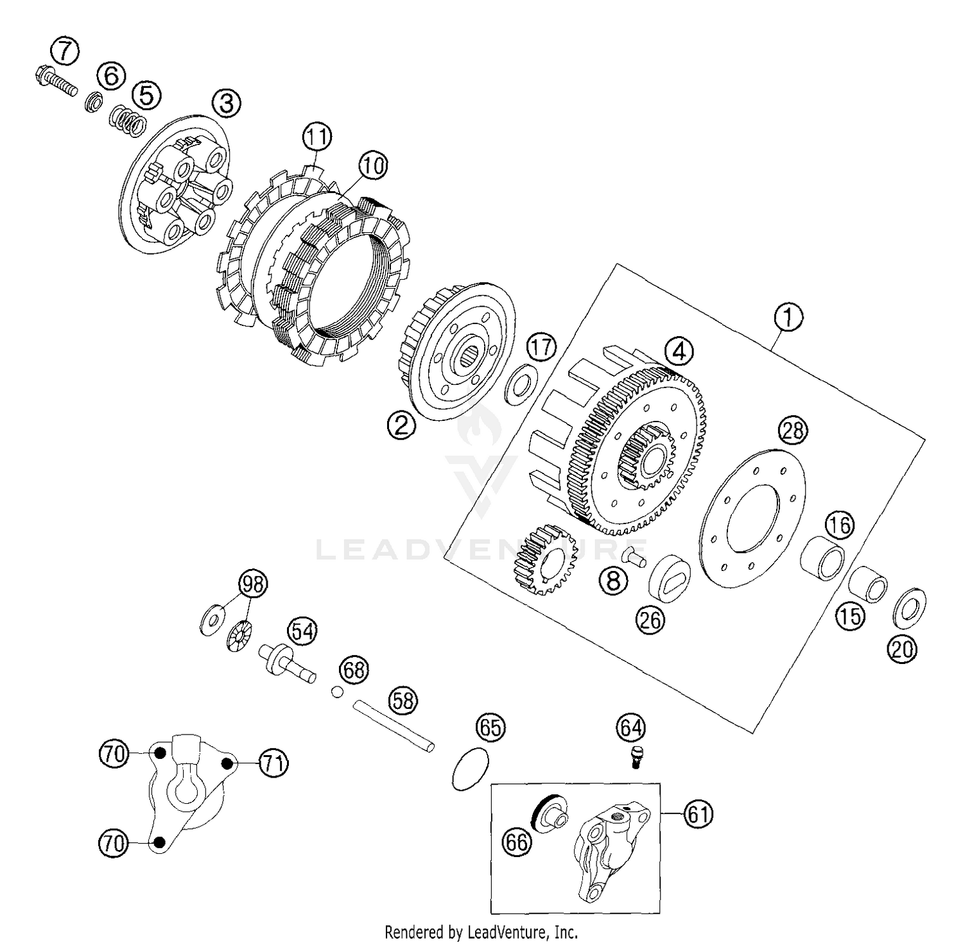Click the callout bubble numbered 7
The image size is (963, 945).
tap(65, 51)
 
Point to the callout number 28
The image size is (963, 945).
tap(793, 430)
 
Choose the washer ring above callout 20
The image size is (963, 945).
tap(909, 606)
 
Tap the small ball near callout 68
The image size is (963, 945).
tap(336, 691)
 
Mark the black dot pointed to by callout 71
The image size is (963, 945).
tap(227, 762)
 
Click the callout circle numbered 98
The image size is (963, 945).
tap(252, 584)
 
